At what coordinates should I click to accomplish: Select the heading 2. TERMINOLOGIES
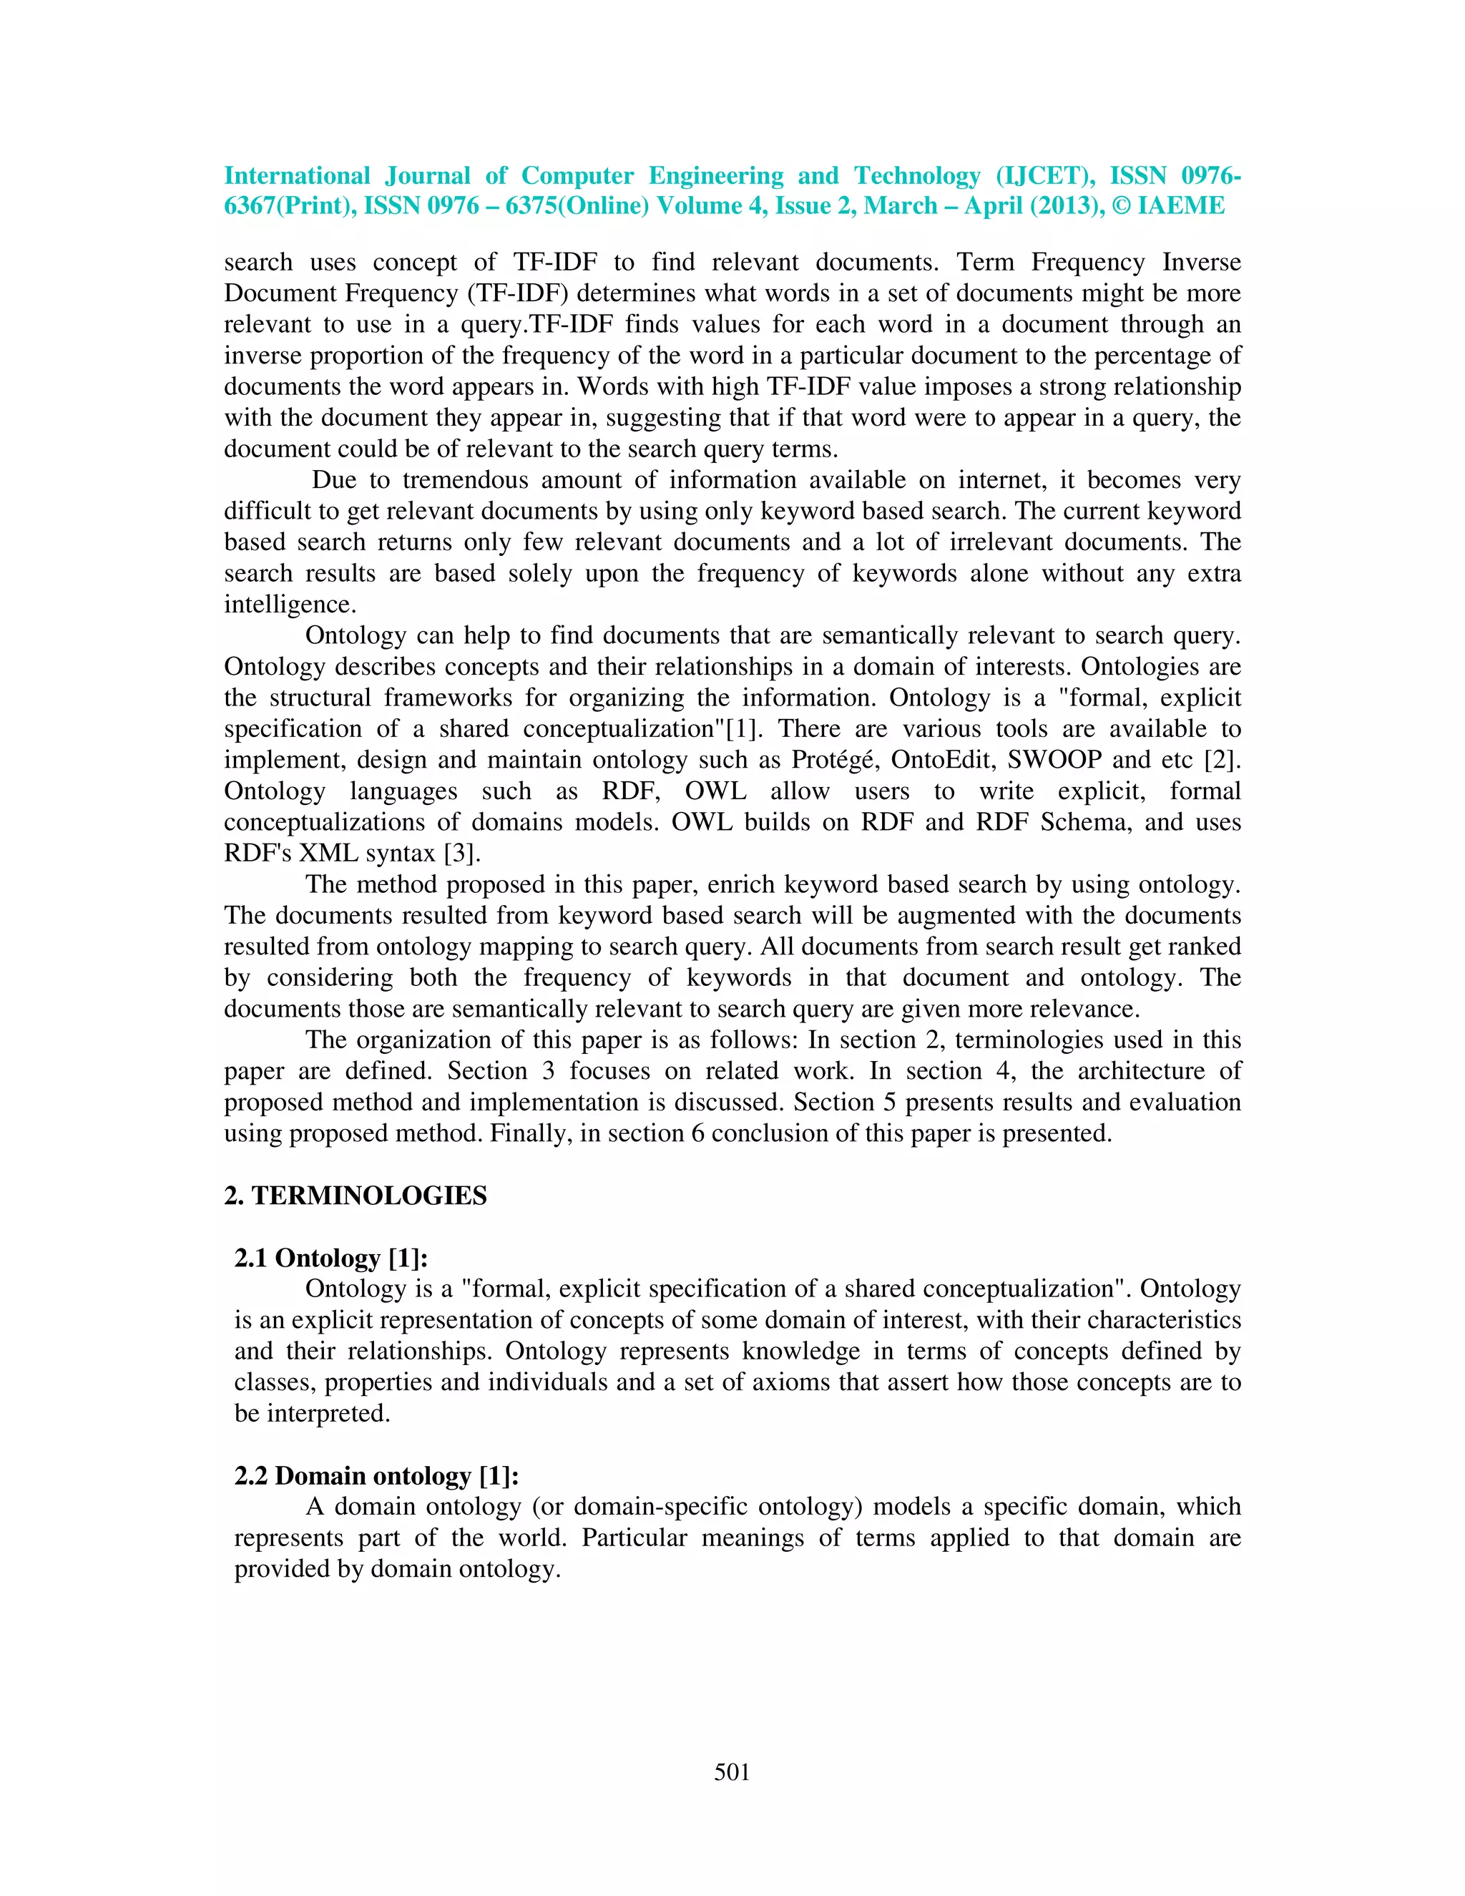[355, 1196]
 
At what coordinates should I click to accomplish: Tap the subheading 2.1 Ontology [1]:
[330, 1258]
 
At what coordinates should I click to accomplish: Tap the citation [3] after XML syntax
[461, 854]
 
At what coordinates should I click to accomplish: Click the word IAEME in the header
[1180, 206]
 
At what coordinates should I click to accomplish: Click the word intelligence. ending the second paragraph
[290, 605]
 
